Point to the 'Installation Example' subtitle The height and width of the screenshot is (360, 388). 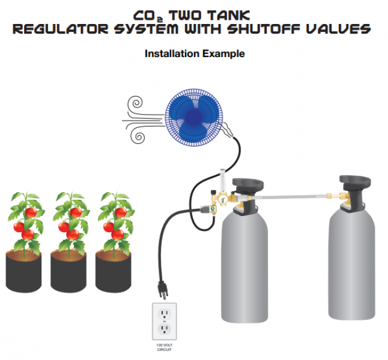pyautogui.click(x=195, y=54)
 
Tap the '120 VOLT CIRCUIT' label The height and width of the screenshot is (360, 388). pyautogui.click(x=163, y=347)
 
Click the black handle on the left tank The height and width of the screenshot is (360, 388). pyautogui.click(x=248, y=184)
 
